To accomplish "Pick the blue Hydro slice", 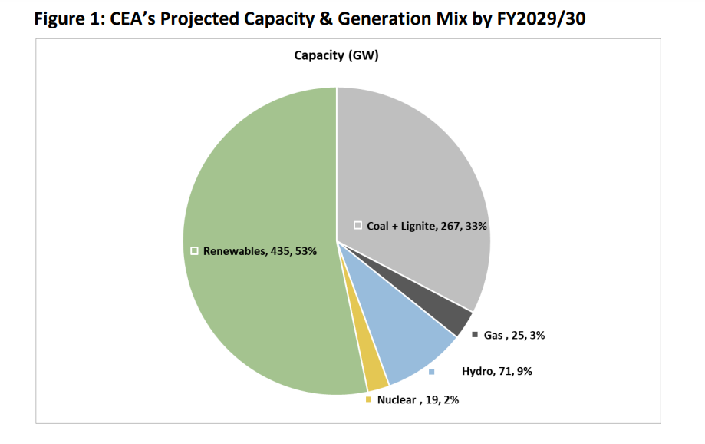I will (x=414, y=346).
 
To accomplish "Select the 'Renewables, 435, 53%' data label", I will (x=259, y=251).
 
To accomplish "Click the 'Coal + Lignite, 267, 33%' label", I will (x=427, y=226).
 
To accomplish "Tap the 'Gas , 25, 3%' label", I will (x=514, y=335).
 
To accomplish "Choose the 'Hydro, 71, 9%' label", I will (x=496, y=371).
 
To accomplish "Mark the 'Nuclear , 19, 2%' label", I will (x=418, y=399).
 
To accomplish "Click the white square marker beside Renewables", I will (x=195, y=251).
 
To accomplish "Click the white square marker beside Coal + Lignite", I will (x=357, y=225).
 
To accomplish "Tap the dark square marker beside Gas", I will (x=475, y=335).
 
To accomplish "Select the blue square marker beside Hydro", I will (x=432, y=372).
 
